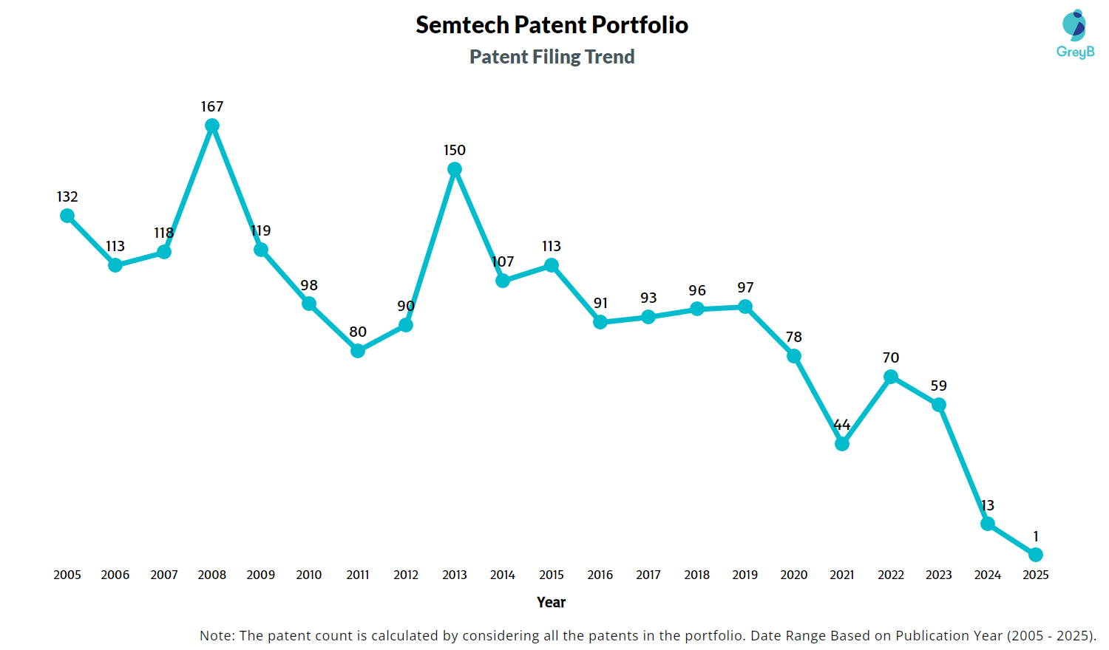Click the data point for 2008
pos(212,126)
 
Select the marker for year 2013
pos(455,169)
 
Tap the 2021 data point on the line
pos(842,444)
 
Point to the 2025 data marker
pos(1036,555)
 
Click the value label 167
pos(212,107)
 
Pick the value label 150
pos(455,151)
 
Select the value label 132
pos(67,197)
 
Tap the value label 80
pos(358,332)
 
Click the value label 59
pos(939,386)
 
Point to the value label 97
pos(745,288)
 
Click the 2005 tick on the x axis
pos(67,575)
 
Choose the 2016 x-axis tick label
pos(600,575)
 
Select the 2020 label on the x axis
pos(794,575)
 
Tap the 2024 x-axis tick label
pos(988,575)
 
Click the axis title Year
pos(552,603)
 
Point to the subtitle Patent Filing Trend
pos(552,57)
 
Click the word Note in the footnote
pos(215,636)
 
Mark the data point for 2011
pos(358,351)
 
